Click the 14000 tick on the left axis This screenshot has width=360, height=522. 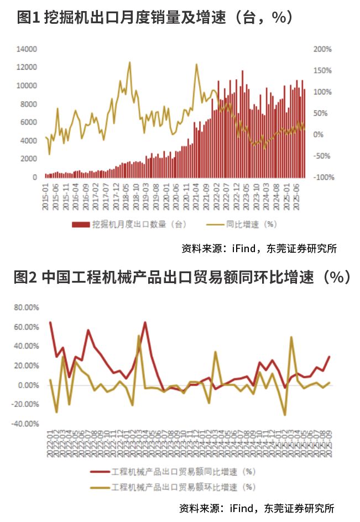tap(27, 49)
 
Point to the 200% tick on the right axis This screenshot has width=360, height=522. tap(322, 49)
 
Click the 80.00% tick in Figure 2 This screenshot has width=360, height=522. tap(27, 307)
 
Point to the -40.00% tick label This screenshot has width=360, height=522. tap(26, 424)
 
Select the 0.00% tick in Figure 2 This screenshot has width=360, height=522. tap(28, 385)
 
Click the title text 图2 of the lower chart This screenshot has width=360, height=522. tap(25, 276)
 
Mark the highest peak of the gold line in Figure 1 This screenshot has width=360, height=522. tap(130, 62)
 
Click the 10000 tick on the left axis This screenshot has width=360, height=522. tap(27, 86)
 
